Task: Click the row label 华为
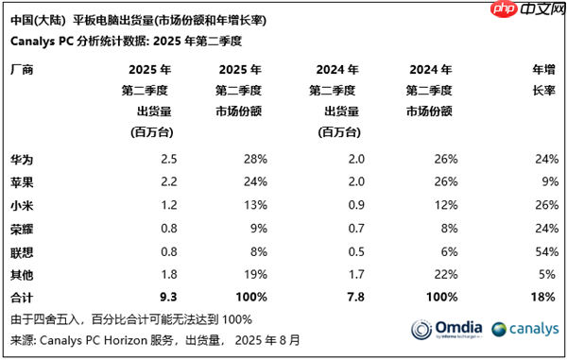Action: point(22,158)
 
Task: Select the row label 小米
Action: point(22,205)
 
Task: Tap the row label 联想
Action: point(22,251)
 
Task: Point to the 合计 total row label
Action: point(22,298)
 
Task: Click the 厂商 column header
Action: point(22,69)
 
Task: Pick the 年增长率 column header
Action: point(544,79)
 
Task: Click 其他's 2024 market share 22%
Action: point(445,275)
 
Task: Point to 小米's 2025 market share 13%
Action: point(254,205)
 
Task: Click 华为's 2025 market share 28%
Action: point(254,158)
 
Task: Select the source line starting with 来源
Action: point(142,340)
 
